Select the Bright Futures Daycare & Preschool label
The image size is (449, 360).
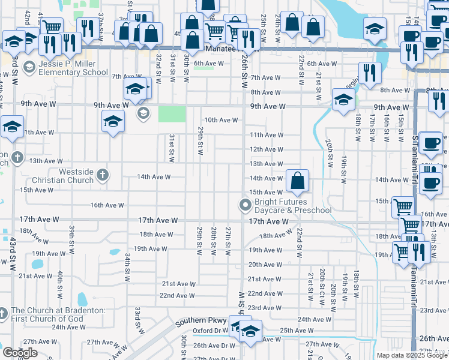click(x=293, y=206)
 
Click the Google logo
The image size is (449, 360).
click(x=20, y=353)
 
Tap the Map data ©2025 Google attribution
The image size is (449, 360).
click(x=412, y=355)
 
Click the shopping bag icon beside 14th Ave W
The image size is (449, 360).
click(x=297, y=180)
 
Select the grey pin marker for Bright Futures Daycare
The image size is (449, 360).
click(x=245, y=206)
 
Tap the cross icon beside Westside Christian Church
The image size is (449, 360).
click(x=103, y=175)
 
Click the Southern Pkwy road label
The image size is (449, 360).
click(x=195, y=322)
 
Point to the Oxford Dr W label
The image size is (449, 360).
click(x=210, y=331)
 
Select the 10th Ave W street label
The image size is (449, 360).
click(x=221, y=120)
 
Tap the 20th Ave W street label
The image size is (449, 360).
click(x=266, y=265)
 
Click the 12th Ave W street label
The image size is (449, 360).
click(x=266, y=149)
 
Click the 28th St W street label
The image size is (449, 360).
click(x=213, y=240)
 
